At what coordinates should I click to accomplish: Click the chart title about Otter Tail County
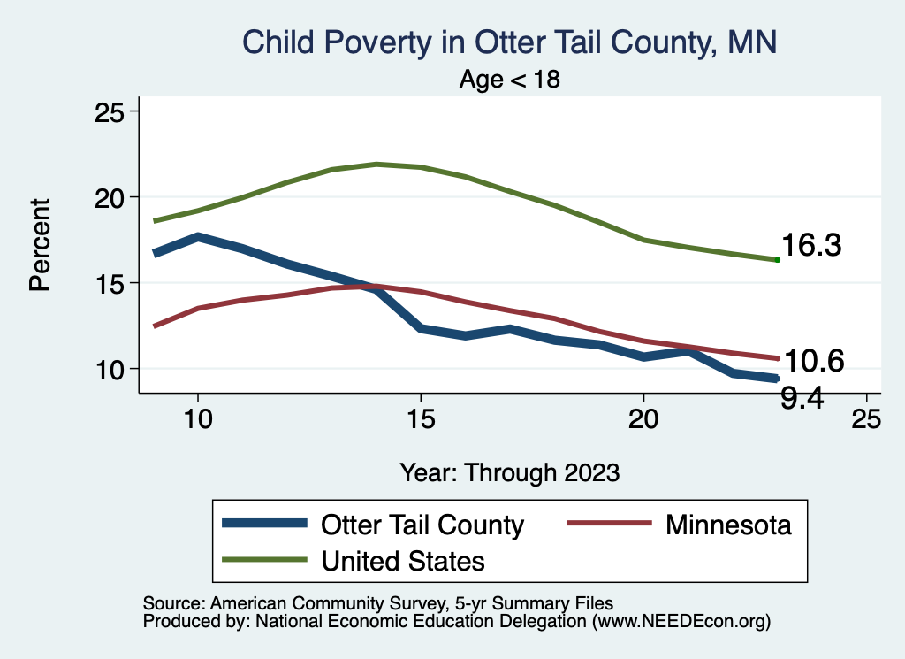point(509,42)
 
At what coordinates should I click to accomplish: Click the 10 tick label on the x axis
point(198,419)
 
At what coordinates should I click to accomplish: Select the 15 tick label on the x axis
point(421,419)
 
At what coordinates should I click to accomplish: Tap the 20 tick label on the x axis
point(643,419)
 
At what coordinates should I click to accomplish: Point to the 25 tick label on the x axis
point(866,419)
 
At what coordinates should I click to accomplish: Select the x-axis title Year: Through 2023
point(509,471)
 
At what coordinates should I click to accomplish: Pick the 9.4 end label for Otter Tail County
point(802,399)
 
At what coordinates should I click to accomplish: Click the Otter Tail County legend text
point(422,525)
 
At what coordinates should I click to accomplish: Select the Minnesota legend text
point(729,525)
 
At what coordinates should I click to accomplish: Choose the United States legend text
point(403,560)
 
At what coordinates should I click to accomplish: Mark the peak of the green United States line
point(376,164)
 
